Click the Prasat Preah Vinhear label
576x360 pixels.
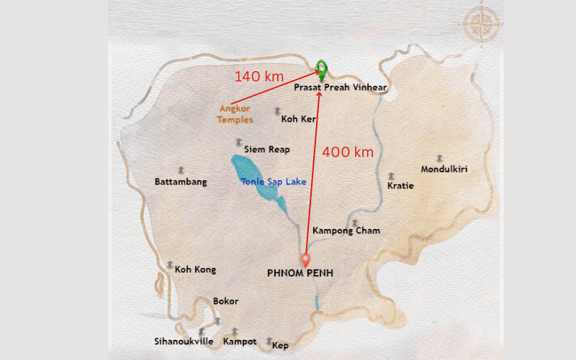click(x=341, y=87)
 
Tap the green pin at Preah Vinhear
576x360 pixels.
click(x=321, y=69)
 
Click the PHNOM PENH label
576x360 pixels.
click(x=300, y=273)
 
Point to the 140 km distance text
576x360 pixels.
click(x=259, y=76)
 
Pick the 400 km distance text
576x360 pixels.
click(x=348, y=152)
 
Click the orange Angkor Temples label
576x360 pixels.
click(x=235, y=114)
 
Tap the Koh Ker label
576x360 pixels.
click(x=299, y=119)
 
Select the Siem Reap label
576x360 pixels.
click(x=267, y=150)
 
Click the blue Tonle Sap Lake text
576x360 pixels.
click(x=274, y=182)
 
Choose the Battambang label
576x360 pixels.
click(x=181, y=182)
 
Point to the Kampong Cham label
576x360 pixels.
click(x=346, y=231)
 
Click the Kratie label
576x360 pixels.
click(x=400, y=186)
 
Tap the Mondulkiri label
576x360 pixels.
click(x=444, y=170)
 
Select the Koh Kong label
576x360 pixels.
click(x=195, y=269)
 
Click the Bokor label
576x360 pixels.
click(x=225, y=301)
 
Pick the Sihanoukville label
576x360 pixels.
click(x=184, y=341)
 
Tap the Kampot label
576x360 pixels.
click(x=240, y=341)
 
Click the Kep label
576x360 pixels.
click(x=280, y=346)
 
